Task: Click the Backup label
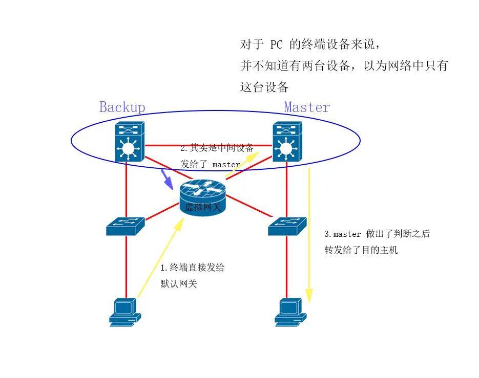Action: [x=122, y=107]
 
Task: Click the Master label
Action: [x=307, y=107]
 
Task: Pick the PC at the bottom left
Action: [x=124, y=312]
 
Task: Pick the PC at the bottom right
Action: [x=290, y=312]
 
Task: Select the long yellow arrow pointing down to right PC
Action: [x=309, y=235]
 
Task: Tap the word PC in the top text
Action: [x=277, y=44]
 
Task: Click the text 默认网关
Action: [x=179, y=284]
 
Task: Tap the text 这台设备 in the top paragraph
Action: [x=264, y=87]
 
